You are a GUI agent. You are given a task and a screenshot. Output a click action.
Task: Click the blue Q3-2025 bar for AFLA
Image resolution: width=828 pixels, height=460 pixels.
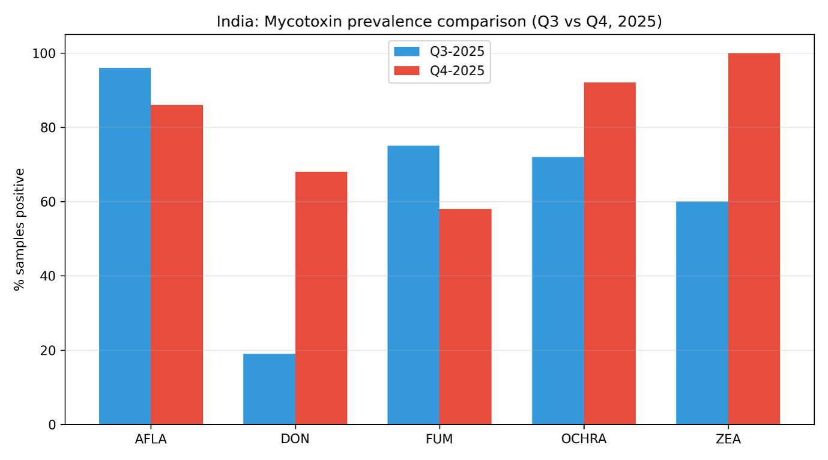(x=125, y=246)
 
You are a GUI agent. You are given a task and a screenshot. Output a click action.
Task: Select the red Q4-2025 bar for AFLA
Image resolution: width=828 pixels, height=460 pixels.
(x=177, y=265)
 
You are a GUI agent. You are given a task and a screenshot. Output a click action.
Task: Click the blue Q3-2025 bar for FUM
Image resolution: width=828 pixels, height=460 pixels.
(x=413, y=285)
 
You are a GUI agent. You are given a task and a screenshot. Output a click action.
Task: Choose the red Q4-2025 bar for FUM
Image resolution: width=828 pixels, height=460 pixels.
(x=465, y=317)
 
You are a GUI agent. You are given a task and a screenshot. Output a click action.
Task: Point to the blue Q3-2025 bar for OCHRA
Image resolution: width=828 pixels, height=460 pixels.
(x=558, y=291)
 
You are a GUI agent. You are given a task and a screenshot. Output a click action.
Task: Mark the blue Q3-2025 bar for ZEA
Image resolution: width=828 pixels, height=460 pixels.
(x=702, y=313)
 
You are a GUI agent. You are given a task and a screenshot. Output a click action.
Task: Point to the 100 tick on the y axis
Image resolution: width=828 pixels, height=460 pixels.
(x=47, y=53)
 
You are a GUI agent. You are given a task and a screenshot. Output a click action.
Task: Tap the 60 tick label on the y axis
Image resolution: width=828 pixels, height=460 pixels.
(x=50, y=202)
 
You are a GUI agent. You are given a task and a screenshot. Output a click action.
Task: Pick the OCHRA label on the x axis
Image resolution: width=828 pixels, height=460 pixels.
(x=584, y=439)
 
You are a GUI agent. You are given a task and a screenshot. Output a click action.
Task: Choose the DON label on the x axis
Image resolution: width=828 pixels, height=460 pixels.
(x=295, y=439)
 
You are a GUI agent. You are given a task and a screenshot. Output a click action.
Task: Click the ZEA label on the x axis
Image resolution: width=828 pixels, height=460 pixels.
(x=728, y=439)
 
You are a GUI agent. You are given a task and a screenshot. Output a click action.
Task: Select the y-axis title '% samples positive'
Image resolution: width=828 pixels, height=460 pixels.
(x=20, y=229)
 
